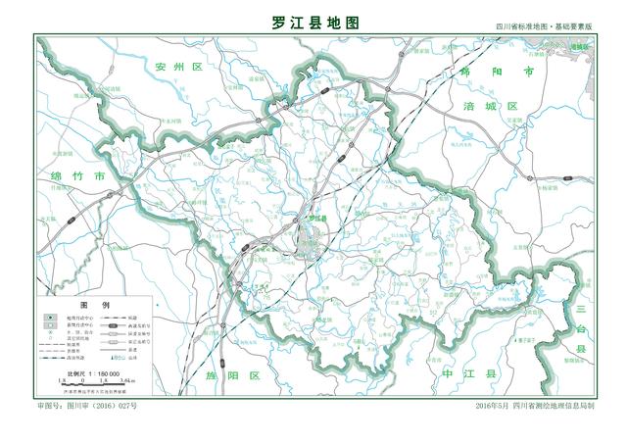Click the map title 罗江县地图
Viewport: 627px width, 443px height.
[313, 22]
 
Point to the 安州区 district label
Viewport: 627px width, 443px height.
[177, 66]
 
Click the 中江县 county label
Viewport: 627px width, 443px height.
[470, 374]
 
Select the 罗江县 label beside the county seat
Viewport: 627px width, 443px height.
[315, 217]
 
